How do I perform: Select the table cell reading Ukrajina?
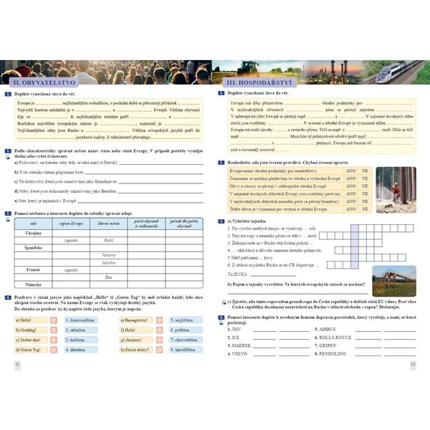[x=33, y=233]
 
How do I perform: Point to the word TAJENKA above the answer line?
[x=240, y=253]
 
